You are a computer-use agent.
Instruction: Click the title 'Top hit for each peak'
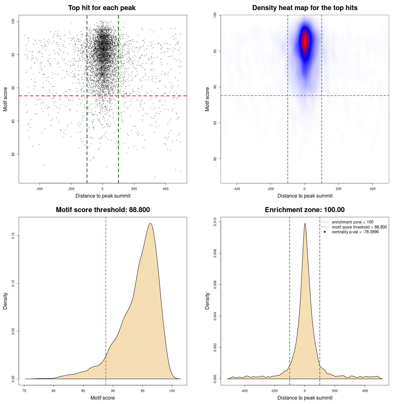[102, 8]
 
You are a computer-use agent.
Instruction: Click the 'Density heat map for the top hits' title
[305, 8]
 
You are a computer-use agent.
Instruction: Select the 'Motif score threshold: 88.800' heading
[103, 210]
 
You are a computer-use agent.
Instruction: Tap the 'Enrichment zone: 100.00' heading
[305, 210]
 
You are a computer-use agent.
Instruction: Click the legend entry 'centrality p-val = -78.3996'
[355, 232]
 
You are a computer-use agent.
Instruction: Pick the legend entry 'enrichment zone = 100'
[352, 222]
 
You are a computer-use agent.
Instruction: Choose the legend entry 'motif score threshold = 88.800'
[359, 227]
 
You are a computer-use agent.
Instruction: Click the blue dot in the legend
[325, 232]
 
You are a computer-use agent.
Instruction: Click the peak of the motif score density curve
[150, 223]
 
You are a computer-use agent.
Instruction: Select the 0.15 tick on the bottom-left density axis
[13, 236]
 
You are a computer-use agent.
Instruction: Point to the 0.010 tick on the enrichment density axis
[215, 222]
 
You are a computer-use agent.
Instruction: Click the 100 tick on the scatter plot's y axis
[13, 21]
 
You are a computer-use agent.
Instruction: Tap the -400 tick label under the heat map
[236, 189]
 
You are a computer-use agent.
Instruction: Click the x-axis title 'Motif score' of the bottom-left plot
[103, 398]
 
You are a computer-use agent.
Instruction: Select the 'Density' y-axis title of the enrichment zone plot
[207, 301]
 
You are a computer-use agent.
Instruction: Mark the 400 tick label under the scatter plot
[165, 189]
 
